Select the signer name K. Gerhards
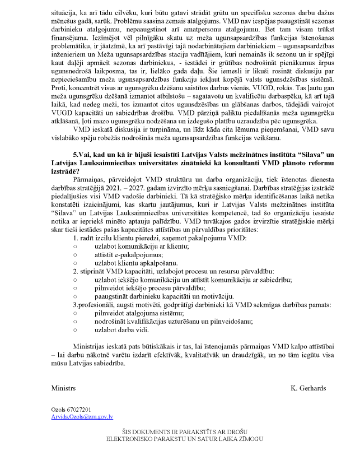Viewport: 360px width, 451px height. (x=308, y=388)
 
